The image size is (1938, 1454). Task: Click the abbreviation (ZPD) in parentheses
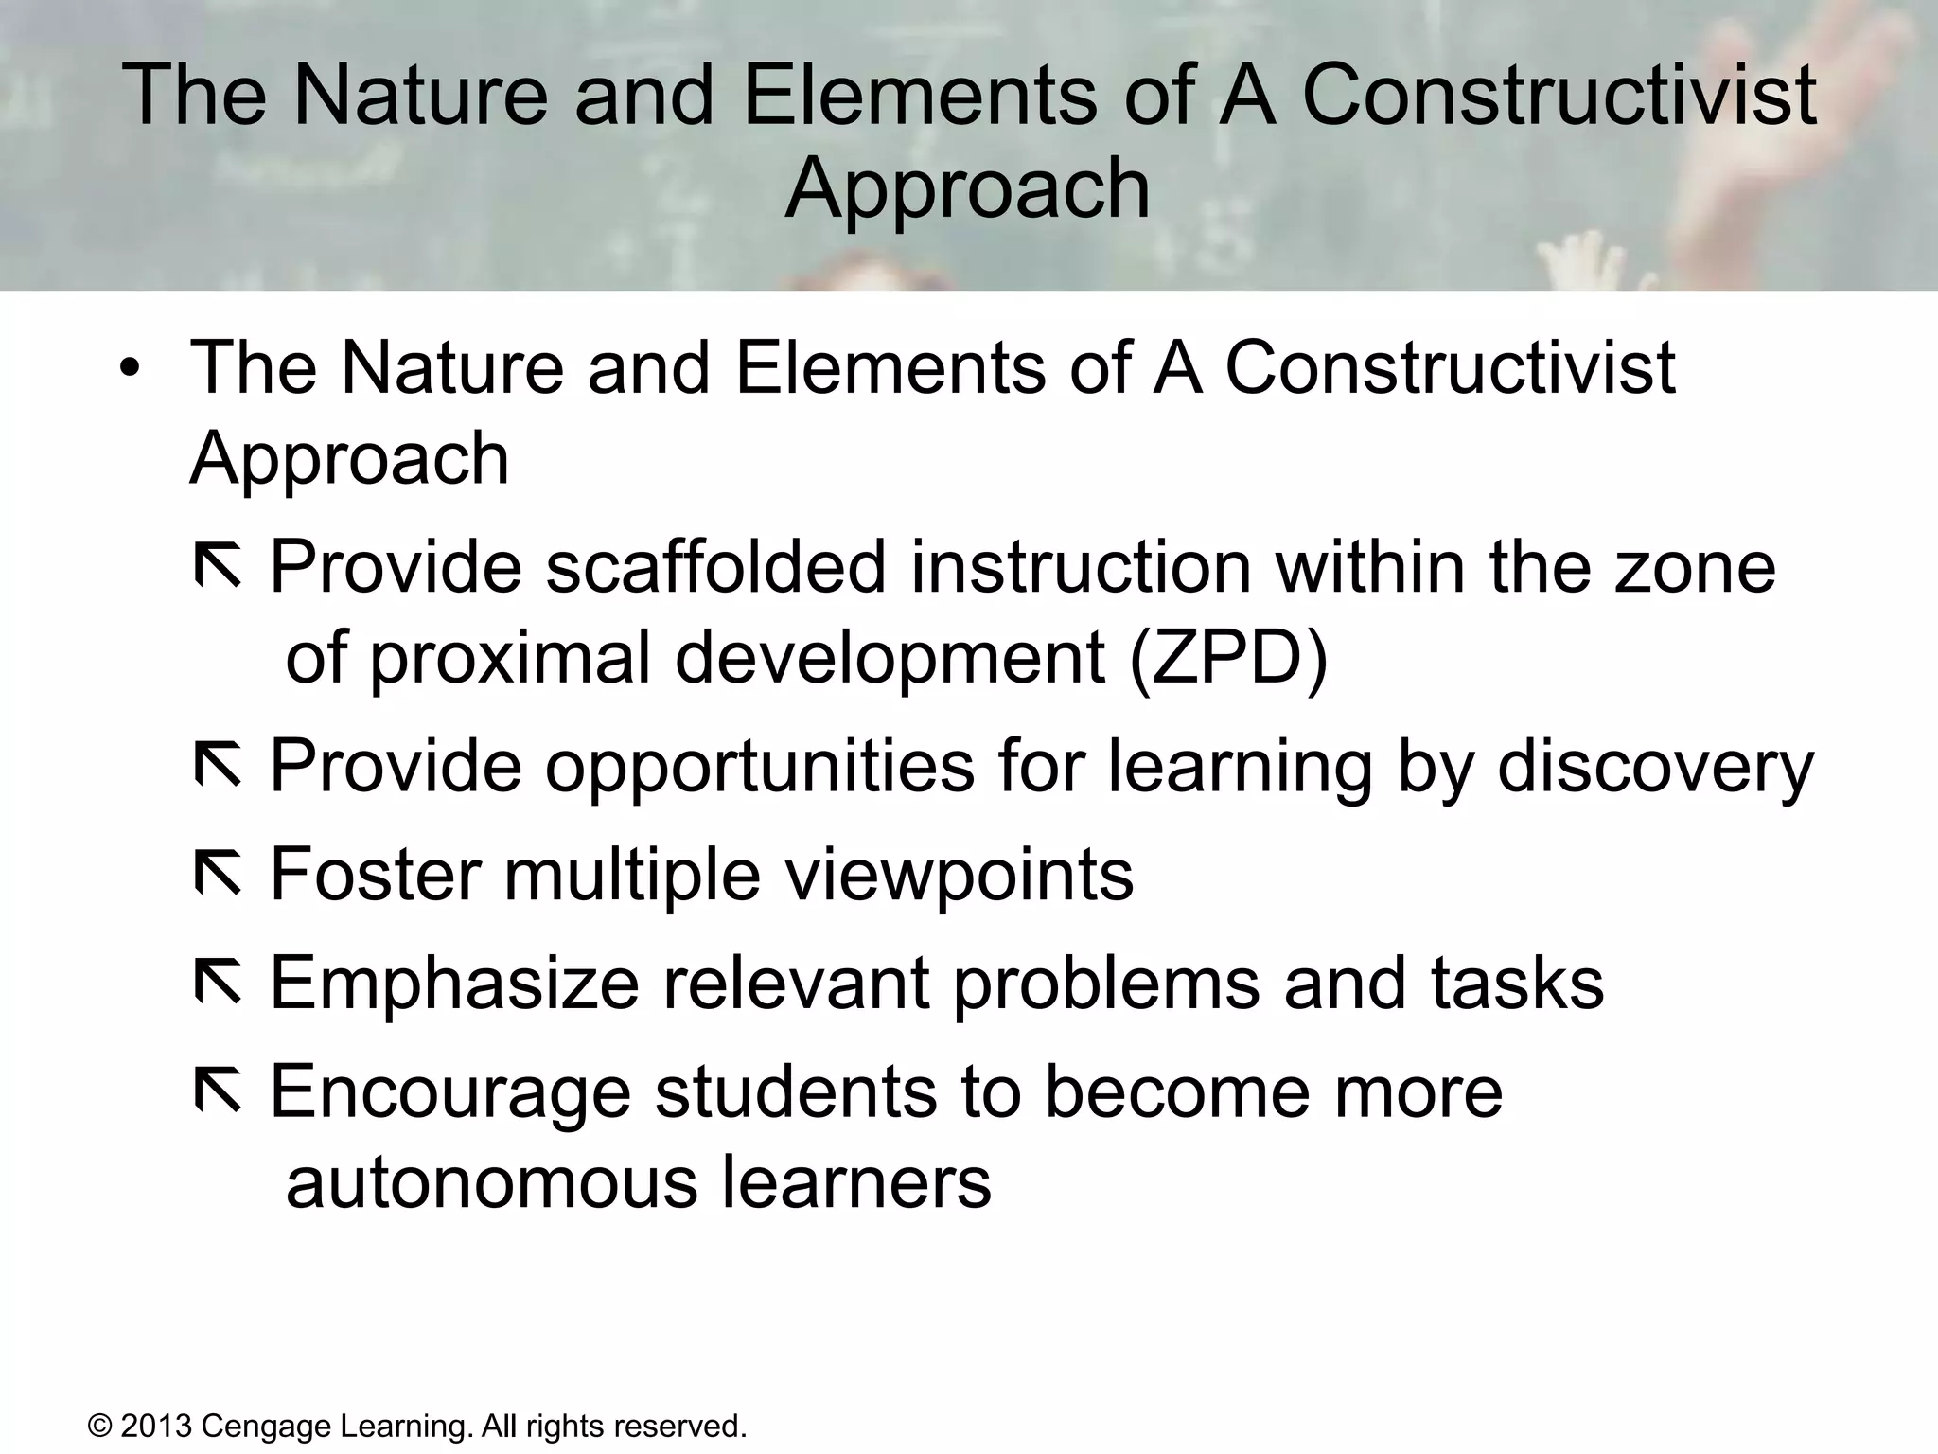tap(1228, 657)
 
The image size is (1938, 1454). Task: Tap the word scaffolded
tap(715, 567)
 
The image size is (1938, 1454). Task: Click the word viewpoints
tap(960, 875)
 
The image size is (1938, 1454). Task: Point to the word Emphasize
tap(455, 984)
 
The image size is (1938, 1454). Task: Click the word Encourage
tap(450, 1092)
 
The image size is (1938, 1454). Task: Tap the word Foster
tap(376, 875)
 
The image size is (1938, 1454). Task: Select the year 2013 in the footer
tap(156, 1426)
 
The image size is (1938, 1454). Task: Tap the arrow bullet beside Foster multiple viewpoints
tap(218, 875)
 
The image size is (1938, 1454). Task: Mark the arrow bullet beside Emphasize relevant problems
tap(218, 984)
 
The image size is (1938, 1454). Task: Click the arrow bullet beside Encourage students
tap(218, 1092)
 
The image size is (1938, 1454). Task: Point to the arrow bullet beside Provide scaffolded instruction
tap(218, 567)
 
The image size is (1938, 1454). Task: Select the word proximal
tap(510, 659)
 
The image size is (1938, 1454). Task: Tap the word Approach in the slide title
tap(967, 189)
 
